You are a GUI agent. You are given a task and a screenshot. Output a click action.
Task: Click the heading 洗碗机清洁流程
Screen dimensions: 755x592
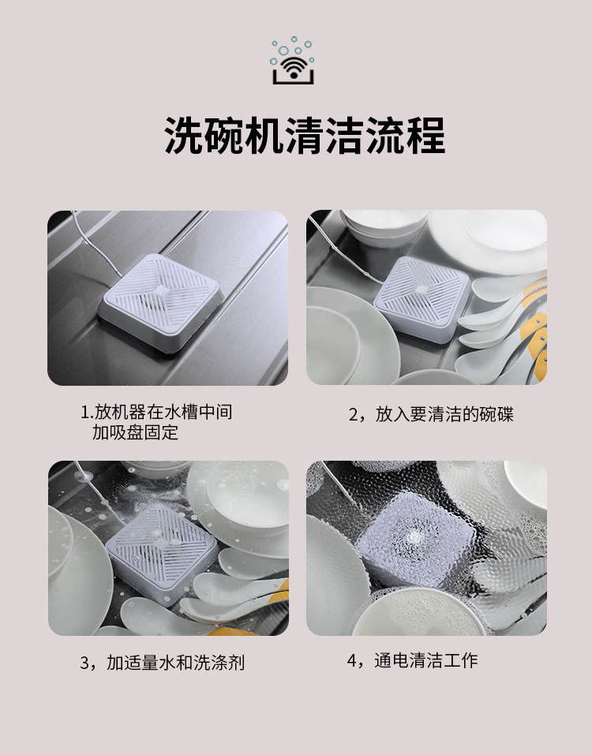pos(304,136)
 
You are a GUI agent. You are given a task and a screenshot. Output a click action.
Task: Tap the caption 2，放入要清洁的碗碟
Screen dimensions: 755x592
pos(431,414)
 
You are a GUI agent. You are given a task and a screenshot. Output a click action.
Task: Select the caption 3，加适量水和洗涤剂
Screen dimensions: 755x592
pos(163,662)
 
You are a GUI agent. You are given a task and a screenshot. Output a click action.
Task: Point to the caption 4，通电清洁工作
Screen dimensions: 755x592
pos(413,660)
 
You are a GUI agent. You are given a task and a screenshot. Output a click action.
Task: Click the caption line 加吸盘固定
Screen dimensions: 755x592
pos(135,432)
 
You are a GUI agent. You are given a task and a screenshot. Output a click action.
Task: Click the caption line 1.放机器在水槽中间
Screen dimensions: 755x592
pos(156,412)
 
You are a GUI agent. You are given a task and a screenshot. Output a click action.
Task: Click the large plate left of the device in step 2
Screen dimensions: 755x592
pos(342,331)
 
